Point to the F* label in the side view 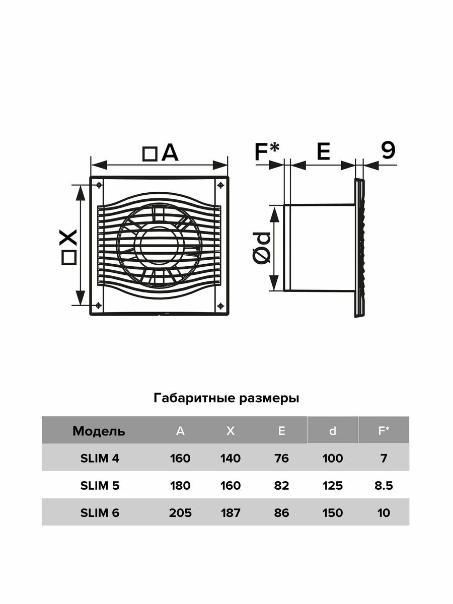[267, 152]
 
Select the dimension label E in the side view [323, 152]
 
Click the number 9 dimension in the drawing [388, 150]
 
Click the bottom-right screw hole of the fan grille [220, 306]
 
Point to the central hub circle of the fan [159, 246]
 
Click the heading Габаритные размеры [226, 399]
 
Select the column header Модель [99, 431]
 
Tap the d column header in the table [332, 431]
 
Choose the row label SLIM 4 [100, 458]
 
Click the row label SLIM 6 [100, 513]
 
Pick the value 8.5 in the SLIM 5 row [384, 486]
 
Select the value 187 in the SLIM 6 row [231, 513]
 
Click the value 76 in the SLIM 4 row [282, 458]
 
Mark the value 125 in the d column [333, 486]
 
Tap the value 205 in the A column [181, 513]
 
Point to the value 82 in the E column [282, 486]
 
